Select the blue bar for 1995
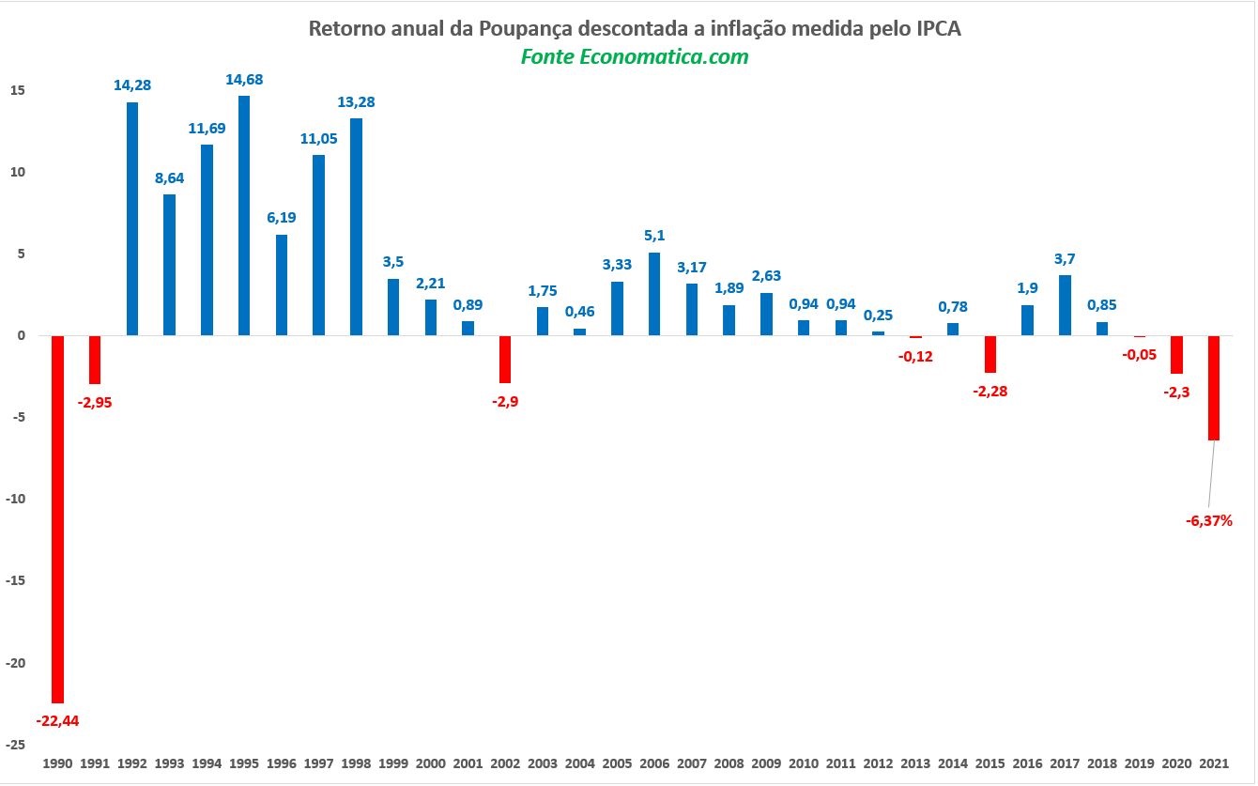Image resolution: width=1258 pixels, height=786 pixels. [x=244, y=215]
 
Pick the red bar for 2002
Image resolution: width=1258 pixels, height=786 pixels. [x=505, y=359]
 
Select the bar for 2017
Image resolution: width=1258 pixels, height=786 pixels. [x=1065, y=305]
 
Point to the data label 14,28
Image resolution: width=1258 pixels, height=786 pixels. [x=132, y=85]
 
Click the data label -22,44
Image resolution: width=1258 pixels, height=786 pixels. [x=58, y=721]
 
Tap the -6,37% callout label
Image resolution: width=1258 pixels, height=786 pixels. [x=1209, y=519]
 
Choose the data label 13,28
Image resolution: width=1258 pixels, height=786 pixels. [x=356, y=101]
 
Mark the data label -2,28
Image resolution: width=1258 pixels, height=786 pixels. [x=990, y=391]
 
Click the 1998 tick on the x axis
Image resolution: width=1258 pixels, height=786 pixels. [x=356, y=764]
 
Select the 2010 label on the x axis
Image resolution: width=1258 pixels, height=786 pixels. [x=804, y=764]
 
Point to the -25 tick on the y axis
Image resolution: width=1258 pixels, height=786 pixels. [x=15, y=744]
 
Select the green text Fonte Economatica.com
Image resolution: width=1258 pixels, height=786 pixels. [x=635, y=56]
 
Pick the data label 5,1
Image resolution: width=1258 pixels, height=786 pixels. [x=654, y=236]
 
